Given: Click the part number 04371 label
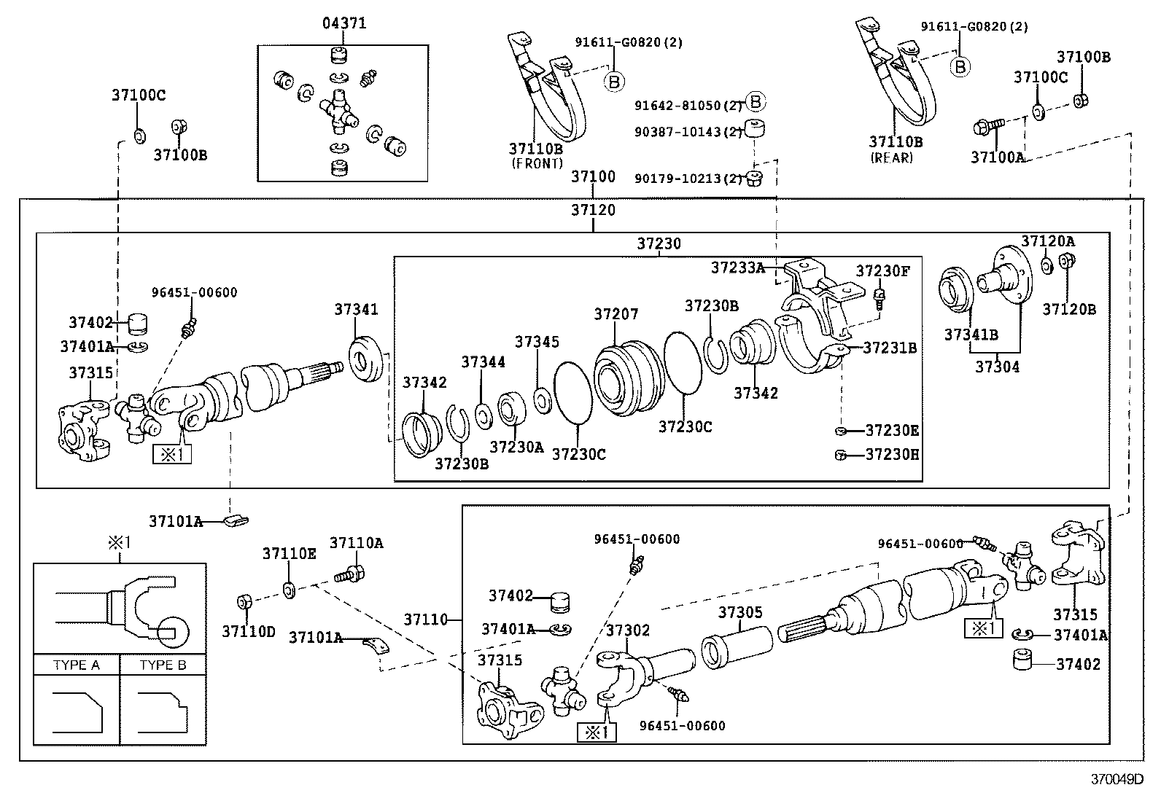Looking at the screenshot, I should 344,23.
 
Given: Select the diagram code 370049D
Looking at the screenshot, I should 1117,779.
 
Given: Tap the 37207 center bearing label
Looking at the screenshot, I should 616,314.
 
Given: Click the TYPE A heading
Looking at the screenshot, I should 76,665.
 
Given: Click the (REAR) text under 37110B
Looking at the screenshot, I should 892,157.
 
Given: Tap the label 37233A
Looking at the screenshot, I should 737,268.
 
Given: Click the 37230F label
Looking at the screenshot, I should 882,271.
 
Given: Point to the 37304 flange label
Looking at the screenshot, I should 997,367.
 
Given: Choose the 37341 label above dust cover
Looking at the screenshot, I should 356,309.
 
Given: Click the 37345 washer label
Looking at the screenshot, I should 537,342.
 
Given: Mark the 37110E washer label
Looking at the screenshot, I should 289,554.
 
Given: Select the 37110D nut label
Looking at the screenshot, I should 249,631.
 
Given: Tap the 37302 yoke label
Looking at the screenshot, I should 627,630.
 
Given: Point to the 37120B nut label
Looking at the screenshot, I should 1068,309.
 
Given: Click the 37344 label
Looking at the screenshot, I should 483,362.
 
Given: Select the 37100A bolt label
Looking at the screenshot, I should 997,157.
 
